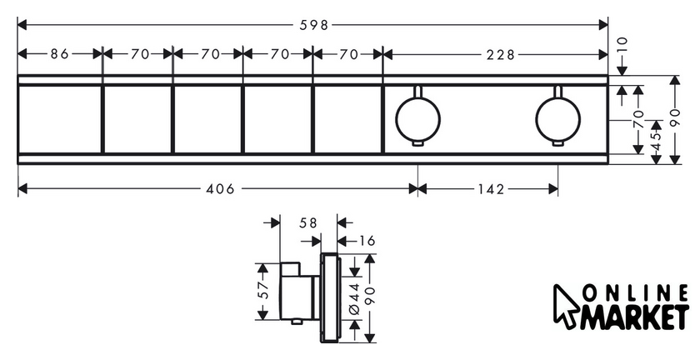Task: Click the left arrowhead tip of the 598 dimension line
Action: click(x=17, y=25)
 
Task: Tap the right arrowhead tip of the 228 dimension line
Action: click(x=607, y=54)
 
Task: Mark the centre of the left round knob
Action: click(x=417, y=119)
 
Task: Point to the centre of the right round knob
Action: click(x=558, y=119)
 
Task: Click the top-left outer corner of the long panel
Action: click(x=17, y=76)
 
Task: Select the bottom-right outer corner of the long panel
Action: click(x=607, y=164)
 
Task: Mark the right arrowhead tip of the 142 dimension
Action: click(x=558, y=189)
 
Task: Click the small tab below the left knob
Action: click(x=417, y=143)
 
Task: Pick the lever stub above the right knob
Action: click(x=558, y=91)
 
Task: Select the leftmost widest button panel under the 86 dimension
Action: click(x=59, y=119)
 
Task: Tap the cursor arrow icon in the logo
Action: click(x=566, y=307)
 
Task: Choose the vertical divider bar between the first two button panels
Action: click(x=102, y=119)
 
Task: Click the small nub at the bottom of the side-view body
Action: click(x=295, y=321)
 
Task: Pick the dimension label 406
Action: click(x=220, y=189)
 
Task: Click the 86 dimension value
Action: click(x=59, y=54)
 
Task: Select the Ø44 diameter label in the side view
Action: click(x=355, y=299)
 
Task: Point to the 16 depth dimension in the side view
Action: click(x=366, y=241)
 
